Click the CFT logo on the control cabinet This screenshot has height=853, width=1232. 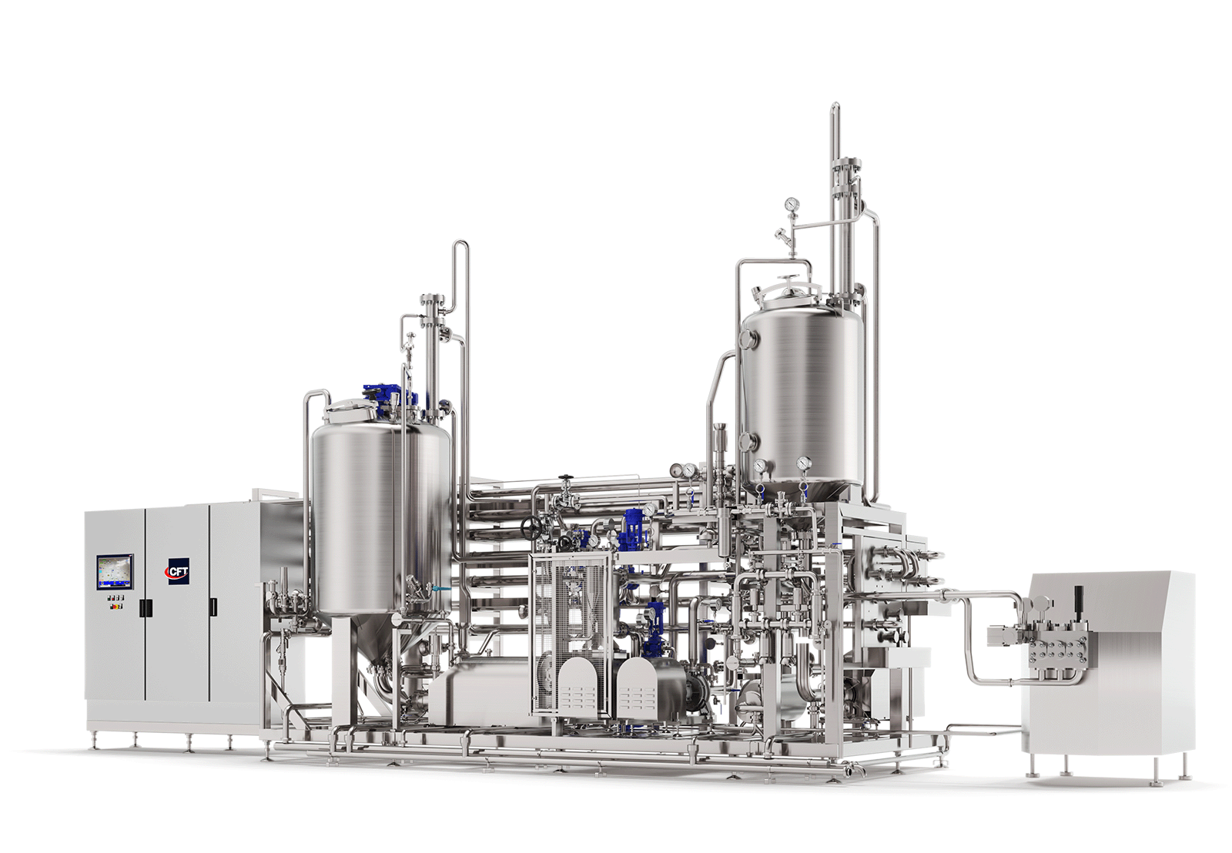pos(179,572)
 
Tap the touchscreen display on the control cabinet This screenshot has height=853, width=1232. pos(115,571)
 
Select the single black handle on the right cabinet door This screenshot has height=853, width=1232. pos(213,606)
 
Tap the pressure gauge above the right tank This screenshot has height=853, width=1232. pos(792,203)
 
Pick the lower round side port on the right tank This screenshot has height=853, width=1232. pos(746,441)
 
